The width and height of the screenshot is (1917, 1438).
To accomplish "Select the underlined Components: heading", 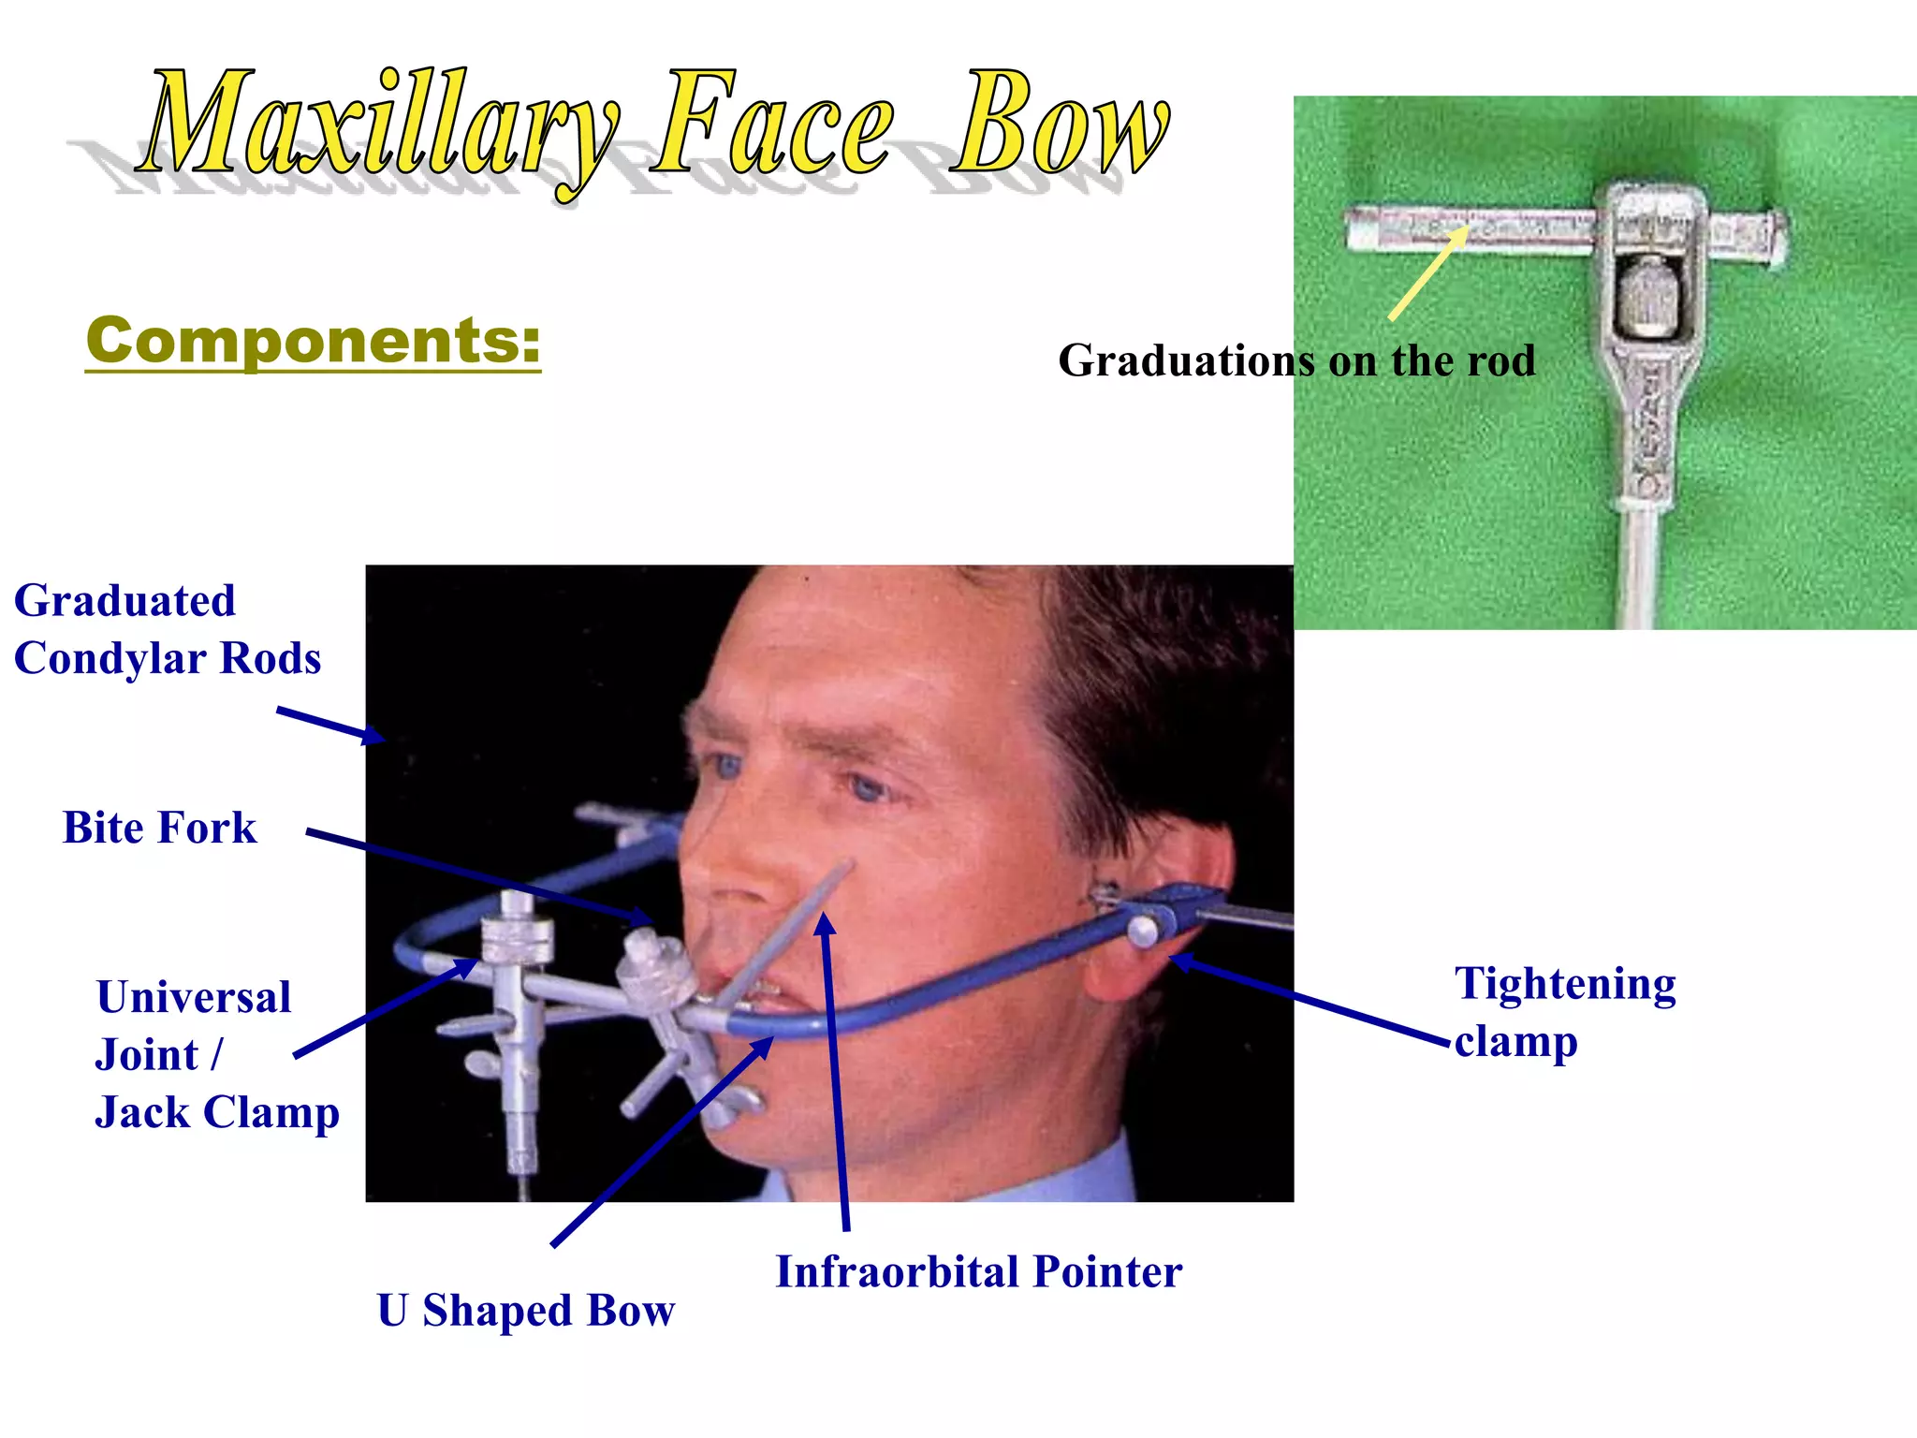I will point(313,341).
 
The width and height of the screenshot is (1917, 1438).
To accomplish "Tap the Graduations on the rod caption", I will point(1296,361).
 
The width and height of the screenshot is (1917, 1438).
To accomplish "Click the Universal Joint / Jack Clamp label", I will point(215,1055).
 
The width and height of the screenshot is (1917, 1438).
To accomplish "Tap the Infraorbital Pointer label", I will point(978,1272).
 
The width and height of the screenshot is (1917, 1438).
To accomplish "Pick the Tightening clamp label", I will point(1564,1012).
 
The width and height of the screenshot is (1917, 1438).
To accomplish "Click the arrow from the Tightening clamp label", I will point(1310,999).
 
